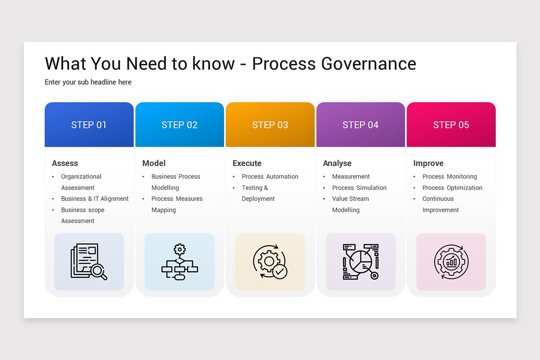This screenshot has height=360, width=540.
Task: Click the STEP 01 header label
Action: (89, 125)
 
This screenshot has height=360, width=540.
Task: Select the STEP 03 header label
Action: (270, 125)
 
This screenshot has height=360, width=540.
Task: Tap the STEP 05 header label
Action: (451, 125)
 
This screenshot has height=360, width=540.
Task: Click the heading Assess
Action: (65, 163)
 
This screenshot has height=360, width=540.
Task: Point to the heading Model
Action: (154, 163)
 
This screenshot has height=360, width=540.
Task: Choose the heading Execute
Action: (247, 163)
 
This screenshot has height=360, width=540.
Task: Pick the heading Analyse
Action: (337, 163)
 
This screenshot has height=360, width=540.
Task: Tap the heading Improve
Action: (428, 163)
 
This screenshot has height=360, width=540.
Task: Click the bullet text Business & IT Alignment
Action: (95, 199)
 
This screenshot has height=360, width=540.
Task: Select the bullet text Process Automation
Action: (270, 177)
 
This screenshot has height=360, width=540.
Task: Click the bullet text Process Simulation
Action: (359, 188)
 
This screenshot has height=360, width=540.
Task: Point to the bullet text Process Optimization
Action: (452, 188)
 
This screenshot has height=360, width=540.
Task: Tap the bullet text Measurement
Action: (351, 177)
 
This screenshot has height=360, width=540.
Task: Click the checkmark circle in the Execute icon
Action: (280, 271)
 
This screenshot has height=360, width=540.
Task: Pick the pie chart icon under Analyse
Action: (360, 261)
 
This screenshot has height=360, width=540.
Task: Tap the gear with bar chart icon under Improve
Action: (451, 261)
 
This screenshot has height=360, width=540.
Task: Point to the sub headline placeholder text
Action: (88, 82)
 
